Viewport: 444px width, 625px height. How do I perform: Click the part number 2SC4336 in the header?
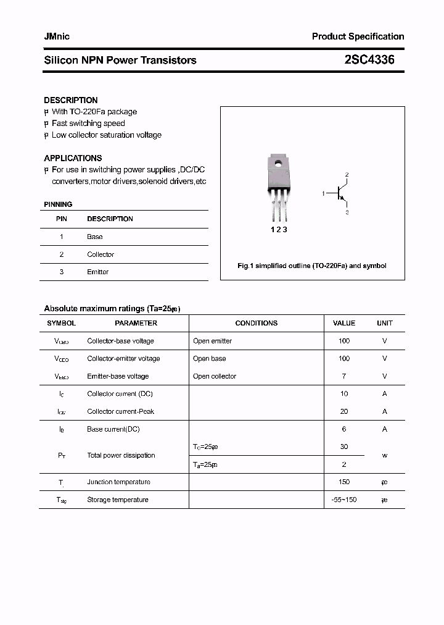pyautogui.click(x=369, y=60)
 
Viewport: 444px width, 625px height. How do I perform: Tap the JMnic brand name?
pyautogui.click(x=57, y=36)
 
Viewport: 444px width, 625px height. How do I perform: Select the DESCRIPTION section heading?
pyautogui.click(x=70, y=100)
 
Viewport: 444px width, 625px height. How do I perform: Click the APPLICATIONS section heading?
pyautogui.click(x=73, y=158)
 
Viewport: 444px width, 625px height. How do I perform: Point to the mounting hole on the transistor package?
pyautogui.click(x=278, y=164)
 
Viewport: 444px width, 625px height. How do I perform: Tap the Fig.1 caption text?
pyautogui.click(x=312, y=266)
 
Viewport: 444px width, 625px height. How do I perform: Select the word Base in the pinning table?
pyautogui.click(x=95, y=237)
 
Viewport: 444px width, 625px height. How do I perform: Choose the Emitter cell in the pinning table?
pyautogui.click(x=97, y=272)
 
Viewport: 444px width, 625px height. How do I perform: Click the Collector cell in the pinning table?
pyautogui.click(x=101, y=254)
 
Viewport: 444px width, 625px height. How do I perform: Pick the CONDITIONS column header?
pyautogui.click(x=256, y=323)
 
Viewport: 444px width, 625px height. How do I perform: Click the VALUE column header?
pyautogui.click(x=344, y=323)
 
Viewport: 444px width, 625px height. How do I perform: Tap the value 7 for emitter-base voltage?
pyautogui.click(x=344, y=376)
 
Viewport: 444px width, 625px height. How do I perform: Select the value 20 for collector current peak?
pyautogui.click(x=344, y=411)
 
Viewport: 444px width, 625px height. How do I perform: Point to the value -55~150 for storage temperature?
pyautogui.click(x=344, y=500)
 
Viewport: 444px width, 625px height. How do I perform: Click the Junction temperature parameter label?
pyautogui.click(x=118, y=482)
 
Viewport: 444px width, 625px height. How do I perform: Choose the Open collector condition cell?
pyautogui.click(x=214, y=376)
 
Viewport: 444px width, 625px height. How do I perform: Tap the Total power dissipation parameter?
pyautogui.click(x=121, y=455)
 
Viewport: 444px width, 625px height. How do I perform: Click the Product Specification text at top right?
pyautogui.click(x=358, y=36)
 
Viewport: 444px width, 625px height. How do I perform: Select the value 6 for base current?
pyautogui.click(x=344, y=429)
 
